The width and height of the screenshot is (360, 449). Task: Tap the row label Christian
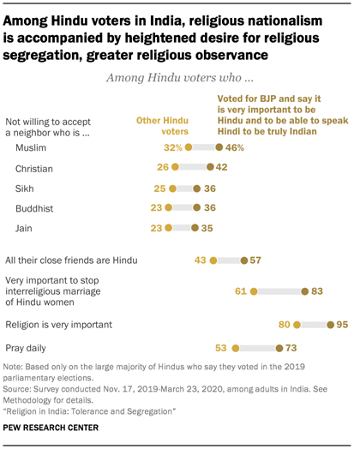click(35, 168)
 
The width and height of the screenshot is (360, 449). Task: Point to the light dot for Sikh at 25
click(172, 188)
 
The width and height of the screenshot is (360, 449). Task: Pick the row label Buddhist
click(35, 207)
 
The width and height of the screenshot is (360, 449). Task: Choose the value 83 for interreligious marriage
click(320, 291)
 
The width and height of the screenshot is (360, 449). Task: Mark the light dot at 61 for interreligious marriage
click(254, 291)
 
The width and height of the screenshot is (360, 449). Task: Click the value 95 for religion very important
click(343, 325)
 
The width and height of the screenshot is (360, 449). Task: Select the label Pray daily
click(27, 348)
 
